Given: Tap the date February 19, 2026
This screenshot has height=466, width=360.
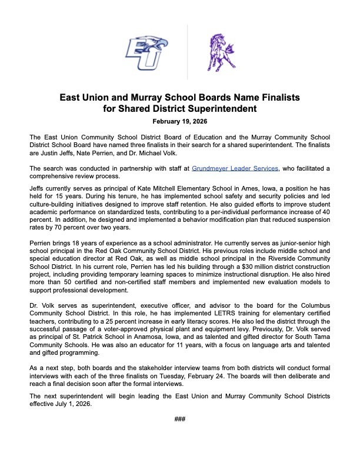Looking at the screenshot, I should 180,122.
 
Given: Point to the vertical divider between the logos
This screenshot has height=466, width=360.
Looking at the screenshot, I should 187,52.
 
